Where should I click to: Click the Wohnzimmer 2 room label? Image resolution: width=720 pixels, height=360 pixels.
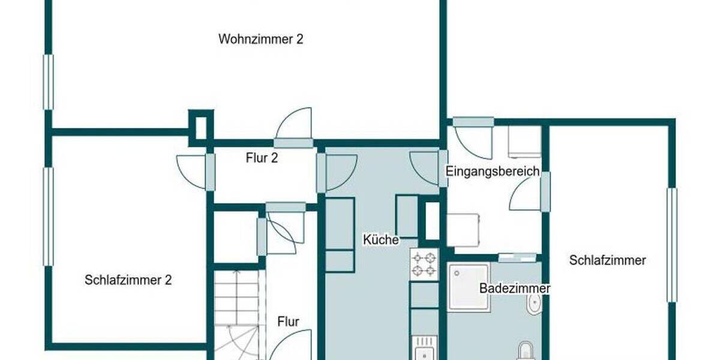[x=260, y=40]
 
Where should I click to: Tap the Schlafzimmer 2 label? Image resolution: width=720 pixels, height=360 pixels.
[x=128, y=280]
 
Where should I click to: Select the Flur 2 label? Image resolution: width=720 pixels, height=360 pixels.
[x=262, y=158]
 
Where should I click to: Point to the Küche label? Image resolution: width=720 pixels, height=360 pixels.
[x=381, y=239]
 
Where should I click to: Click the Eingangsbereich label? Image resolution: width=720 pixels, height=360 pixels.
[x=492, y=172]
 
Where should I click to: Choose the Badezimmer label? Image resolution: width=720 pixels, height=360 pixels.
[x=514, y=288]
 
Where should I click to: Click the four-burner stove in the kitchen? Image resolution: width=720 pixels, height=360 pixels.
[x=424, y=265]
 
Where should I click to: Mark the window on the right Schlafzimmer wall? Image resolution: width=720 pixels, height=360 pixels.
[x=672, y=245]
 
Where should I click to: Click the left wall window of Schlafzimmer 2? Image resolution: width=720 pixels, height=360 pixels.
[x=48, y=216]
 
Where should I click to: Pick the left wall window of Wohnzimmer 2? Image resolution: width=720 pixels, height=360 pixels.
[x=48, y=82]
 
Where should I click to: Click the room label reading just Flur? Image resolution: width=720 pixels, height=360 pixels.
[x=288, y=322]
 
